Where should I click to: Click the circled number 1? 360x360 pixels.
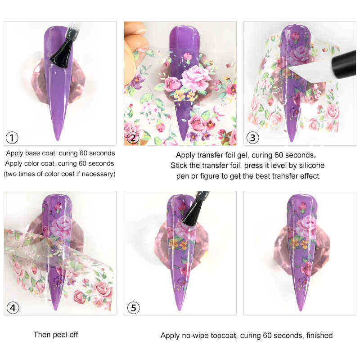(x=12, y=138)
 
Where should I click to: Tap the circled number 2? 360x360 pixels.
(x=132, y=138)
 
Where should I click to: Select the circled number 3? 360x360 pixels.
(x=252, y=138)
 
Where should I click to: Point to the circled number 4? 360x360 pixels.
(x=12, y=308)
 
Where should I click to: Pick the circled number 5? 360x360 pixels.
(x=132, y=308)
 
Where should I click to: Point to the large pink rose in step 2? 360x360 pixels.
(x=194, y=75)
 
